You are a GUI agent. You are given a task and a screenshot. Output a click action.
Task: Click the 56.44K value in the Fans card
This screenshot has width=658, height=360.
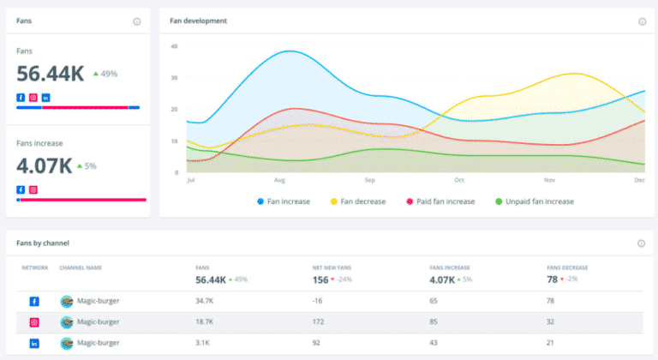pyautogui.click(x=50, y=74)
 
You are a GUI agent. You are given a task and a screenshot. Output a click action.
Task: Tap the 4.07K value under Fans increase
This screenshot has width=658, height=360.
pyautogui.click(x=44, y=165)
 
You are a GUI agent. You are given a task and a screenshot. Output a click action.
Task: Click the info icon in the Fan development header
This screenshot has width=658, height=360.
pyautogui.click(x=642, y=21)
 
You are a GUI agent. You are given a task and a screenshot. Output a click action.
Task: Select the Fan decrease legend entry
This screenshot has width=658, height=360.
pyautogui.click(x=358, y=201)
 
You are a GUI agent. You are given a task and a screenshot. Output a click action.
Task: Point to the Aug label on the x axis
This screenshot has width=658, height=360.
pyautogui.click(x=279, y=181)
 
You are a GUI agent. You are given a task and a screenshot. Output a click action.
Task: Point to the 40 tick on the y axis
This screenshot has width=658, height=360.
pyautogui.click(x=174, y=45)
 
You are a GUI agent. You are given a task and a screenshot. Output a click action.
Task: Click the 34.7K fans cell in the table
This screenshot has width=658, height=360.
pyautogui.click(x=206, y=301)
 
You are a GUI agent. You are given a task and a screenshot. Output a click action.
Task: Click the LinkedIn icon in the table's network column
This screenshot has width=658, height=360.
pyautogui.click(x=34, y=343)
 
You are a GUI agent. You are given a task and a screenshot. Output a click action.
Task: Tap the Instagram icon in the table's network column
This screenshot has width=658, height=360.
pyautogui.click(x=34, y=322)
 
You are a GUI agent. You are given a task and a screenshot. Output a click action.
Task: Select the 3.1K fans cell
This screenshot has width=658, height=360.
pyautogui.click(x=204, y=343)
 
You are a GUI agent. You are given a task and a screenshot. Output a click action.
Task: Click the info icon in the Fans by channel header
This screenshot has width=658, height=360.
pyautogui.click(x=641, y=243)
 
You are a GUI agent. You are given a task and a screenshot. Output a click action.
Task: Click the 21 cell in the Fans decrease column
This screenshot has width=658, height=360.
pyautogui.click(x=552, y=343)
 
